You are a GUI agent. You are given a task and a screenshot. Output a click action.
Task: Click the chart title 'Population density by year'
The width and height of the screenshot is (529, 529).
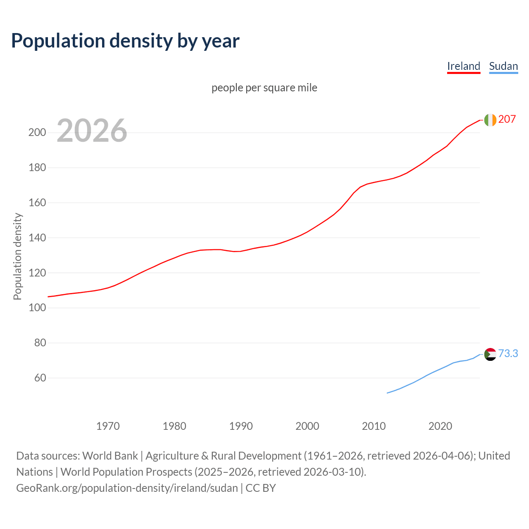click(125, 41)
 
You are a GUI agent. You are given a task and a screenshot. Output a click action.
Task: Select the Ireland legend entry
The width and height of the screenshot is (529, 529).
click(463, 66)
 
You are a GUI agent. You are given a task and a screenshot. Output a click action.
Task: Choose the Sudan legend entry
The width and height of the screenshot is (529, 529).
click(503, 66)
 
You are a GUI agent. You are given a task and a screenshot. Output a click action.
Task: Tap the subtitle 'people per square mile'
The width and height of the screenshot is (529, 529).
click(264, 88)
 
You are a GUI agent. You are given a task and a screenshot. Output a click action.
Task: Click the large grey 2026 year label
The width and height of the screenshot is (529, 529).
click(92, 131)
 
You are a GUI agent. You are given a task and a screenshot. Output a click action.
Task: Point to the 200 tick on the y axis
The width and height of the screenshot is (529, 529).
click(37, 133)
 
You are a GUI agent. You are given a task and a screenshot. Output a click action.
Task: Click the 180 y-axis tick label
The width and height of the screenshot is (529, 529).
click(37, 168)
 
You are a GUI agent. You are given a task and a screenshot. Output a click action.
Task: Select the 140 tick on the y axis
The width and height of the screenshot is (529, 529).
click(37, 238)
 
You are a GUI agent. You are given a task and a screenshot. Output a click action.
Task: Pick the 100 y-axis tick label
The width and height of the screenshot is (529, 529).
click(37, 308)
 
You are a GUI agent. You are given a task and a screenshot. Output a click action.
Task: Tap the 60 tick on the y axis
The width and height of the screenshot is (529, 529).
click(40, 378)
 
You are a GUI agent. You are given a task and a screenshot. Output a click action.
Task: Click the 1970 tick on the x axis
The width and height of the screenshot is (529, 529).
click(108, 426)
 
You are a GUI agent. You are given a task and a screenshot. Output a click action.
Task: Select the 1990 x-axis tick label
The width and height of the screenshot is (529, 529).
click(241, 426)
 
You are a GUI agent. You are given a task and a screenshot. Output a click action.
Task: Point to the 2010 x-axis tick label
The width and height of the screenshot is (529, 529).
click(374, 426)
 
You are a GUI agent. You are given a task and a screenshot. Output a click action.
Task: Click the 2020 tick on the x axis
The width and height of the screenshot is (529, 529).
click(440, 426)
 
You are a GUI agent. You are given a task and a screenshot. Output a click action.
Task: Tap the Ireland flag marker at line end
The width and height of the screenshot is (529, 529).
click(490, 120)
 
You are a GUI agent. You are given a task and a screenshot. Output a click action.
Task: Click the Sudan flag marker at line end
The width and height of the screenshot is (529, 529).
click(490, 354)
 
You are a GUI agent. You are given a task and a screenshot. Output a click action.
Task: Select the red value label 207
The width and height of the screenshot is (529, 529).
click(507, 119)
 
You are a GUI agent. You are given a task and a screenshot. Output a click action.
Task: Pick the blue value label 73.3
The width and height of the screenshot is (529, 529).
click(508, 353)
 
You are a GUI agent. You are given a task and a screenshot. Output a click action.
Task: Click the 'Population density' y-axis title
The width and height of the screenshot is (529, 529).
click(17, 256)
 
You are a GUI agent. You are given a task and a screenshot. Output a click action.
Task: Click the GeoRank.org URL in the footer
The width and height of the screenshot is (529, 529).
click(127, 488)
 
